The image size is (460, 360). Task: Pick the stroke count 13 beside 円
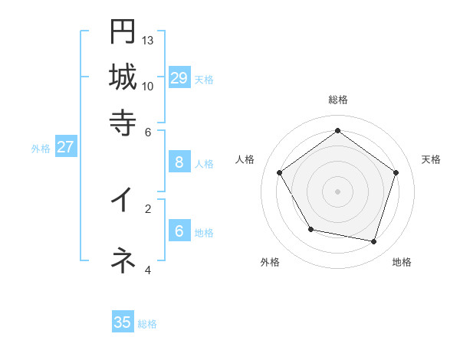148,40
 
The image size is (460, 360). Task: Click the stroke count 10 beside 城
148,86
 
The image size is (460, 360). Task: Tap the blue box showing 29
179,78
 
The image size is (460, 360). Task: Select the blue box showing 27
65,147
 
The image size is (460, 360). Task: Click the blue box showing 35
123,322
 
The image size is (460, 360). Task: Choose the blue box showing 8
179,162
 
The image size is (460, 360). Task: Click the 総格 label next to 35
147,324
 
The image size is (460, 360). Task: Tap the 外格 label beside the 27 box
40,149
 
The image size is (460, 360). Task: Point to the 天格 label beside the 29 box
204,80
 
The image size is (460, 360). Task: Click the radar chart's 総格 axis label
337,100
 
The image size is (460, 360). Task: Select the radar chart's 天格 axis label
431,159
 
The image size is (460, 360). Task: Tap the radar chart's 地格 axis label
402,262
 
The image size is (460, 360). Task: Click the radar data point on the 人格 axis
280,172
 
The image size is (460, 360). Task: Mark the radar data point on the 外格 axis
310,229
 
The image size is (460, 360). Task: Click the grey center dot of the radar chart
337,191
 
